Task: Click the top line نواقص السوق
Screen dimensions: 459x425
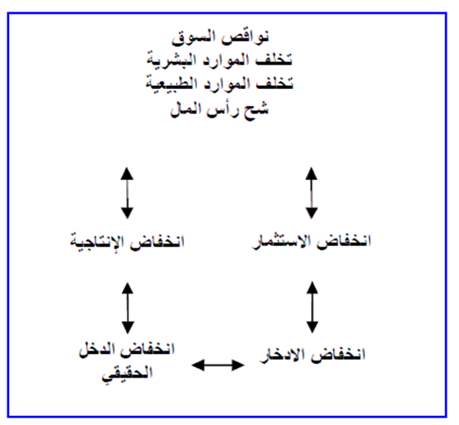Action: [220, 38]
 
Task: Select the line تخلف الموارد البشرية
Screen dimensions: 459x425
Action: [219, 60]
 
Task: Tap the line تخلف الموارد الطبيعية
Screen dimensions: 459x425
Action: [219, 84]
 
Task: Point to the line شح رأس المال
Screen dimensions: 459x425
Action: [219, 110]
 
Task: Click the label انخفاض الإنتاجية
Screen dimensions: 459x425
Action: [128, 242]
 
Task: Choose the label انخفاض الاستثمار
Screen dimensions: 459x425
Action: [312, 242]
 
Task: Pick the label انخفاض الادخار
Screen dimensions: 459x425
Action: [313, 354]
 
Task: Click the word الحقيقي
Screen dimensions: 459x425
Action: [128, 374]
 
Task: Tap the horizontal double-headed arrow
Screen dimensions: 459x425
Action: [218, 365]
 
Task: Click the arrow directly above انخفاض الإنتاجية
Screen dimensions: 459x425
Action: [128, 193]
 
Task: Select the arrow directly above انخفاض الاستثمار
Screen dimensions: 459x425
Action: [312, 193]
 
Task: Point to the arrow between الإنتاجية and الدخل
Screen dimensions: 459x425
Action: [128, 308]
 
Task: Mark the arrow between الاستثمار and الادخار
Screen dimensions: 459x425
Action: [313, 307]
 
